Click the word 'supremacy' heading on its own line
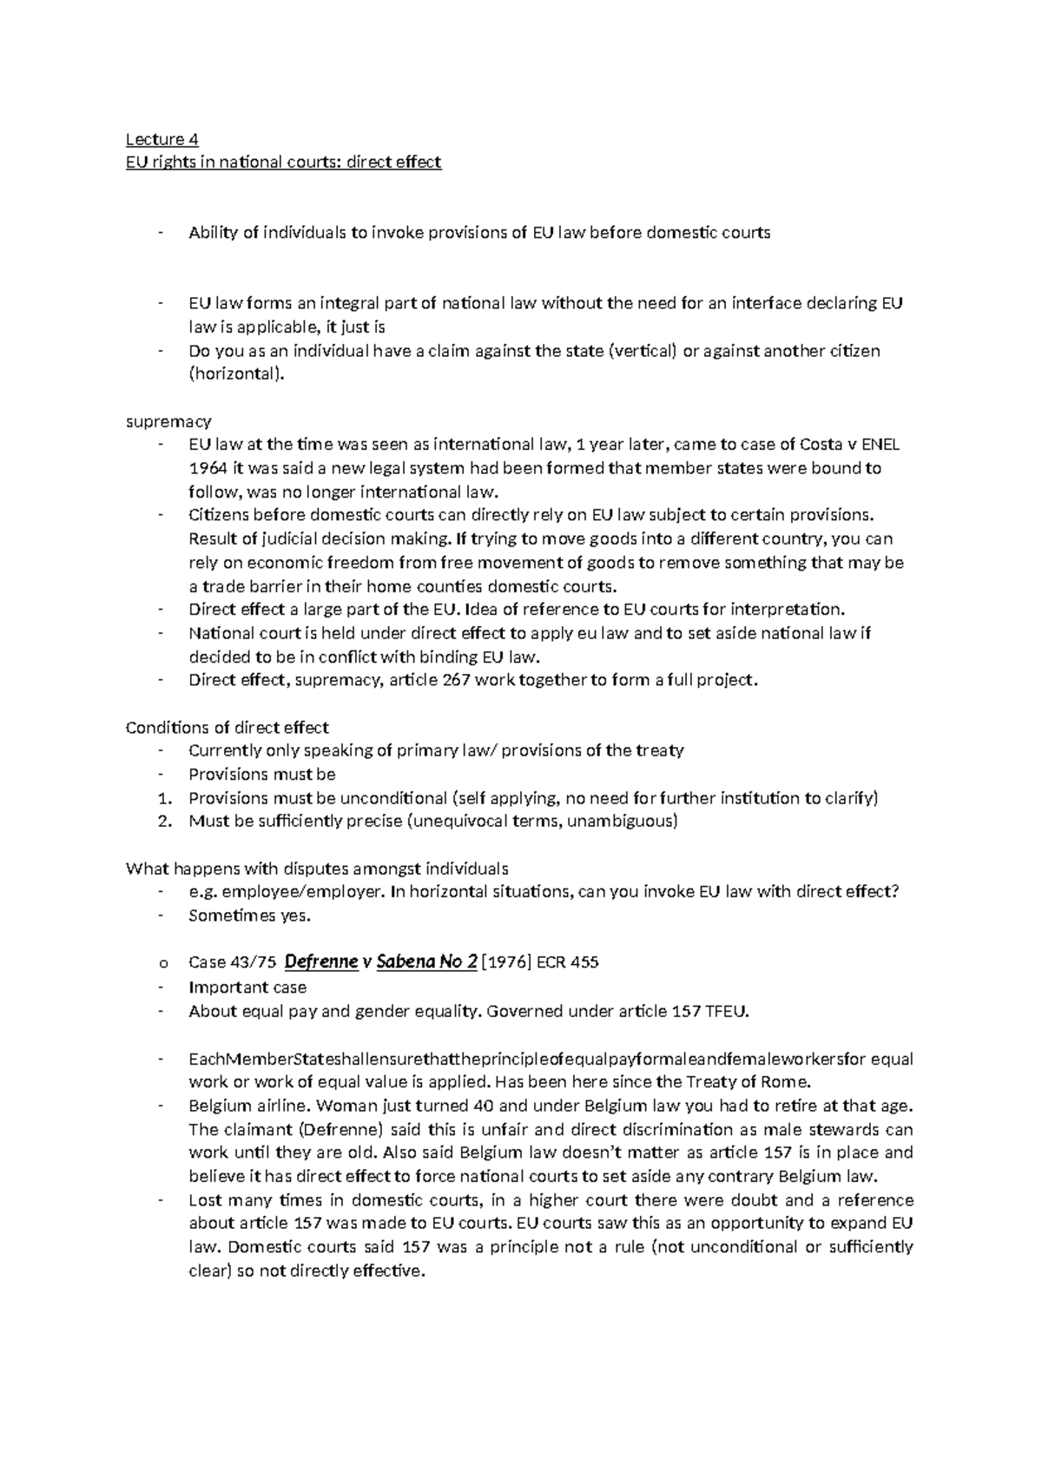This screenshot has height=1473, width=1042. [168, 421]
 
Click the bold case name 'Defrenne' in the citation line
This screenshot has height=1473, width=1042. [321, 962]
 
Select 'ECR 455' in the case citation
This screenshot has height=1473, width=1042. [568, 962]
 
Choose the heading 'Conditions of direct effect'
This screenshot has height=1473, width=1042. [228, 727]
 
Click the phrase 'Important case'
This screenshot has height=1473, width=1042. [247, 988]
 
